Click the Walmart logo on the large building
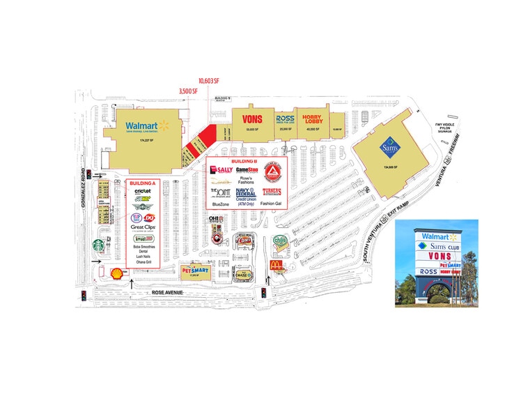coord(148,126)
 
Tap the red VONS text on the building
coord(252,119)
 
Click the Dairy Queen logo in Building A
coord(148,217)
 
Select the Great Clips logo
coord(142,227)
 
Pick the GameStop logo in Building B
coord(247,169)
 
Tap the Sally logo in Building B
coord(221,170)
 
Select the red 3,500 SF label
coord(189,91)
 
